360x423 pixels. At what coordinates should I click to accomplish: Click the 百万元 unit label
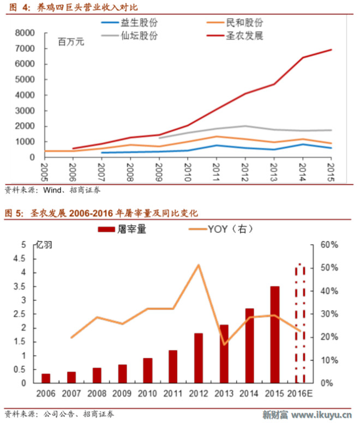71,42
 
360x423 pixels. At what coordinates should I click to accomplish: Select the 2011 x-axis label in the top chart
215,170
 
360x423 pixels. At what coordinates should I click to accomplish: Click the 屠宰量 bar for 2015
275,334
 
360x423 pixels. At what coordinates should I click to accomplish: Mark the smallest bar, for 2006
46,378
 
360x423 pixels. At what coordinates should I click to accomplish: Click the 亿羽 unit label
45,245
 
